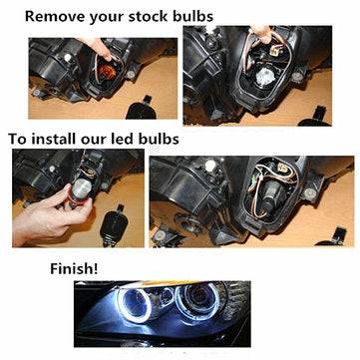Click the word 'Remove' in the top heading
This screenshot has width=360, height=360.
(x=53, y=16)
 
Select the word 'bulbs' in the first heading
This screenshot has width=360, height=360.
(x=193, y=16)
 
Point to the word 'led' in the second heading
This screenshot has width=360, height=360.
(x=125, y=139)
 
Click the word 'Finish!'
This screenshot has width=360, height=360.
(x=74, y=268)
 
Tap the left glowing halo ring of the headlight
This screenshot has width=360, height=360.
(x=136, y=303)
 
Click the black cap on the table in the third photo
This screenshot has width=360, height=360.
(x=114, y=226)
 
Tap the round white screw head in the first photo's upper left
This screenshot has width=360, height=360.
(x=68, y=58)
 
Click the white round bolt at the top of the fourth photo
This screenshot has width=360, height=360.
(x=210, y=166)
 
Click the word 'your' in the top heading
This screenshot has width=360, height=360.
(x=105, y=17)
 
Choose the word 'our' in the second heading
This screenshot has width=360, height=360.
(x=96, y=140)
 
